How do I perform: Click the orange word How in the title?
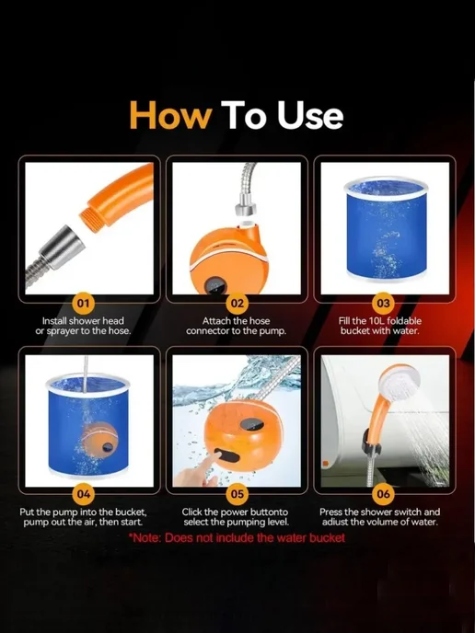[x=170, y=115]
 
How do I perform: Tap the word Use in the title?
[x=310, y=115]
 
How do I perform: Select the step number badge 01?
[x=83, y=303]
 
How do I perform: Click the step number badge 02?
[x=237, y=303]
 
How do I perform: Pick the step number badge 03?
[x=383, y=303]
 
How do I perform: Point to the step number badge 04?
[x=83, y=494]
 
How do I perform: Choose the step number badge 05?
[x=237, y=494]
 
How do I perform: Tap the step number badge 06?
[x=383, y=494]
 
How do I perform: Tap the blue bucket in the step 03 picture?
[x=386, y=229]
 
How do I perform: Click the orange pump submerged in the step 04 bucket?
[x=100, y=440]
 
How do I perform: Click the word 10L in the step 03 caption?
[x=376, y=321]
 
